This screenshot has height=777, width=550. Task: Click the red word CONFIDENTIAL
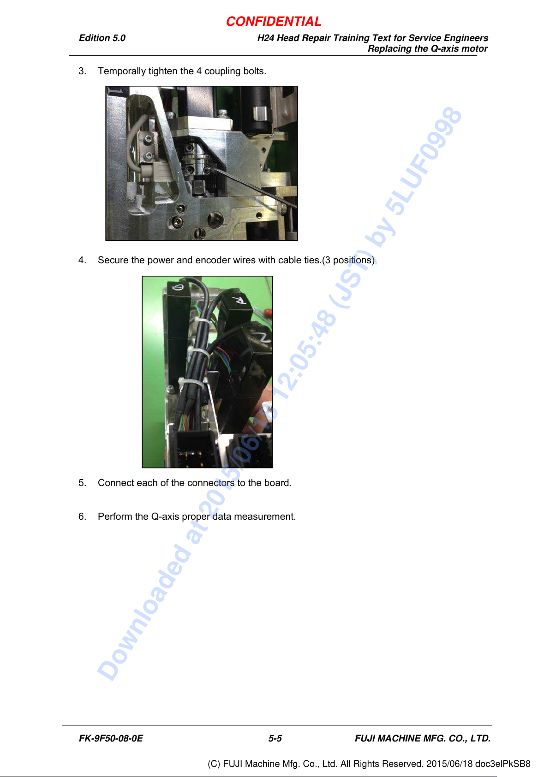(x=274, y=22)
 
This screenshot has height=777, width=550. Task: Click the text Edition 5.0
(x=102, y=38)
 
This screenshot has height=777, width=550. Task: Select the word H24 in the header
(x=265, y=38)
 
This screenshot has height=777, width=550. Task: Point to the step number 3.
(x=82, y=71)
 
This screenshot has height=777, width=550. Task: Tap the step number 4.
(x=82, y=260)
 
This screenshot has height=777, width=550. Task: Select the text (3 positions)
(x=348, y=261)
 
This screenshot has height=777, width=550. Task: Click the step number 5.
(x=82, y=483)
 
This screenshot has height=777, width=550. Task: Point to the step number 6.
(x=82, y=516)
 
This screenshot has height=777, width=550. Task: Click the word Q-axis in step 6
(x=165, y=517)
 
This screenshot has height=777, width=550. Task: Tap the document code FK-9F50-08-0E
(x=111, y=738)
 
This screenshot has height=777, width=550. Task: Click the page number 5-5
(x=275, y=738)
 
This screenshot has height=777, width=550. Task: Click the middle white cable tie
(x=200, y=352)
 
